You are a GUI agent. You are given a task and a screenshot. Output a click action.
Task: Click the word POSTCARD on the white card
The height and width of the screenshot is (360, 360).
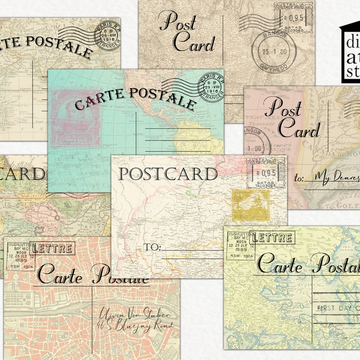coord(168,174)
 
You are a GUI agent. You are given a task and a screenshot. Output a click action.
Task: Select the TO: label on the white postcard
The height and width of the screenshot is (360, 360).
coord(152,246)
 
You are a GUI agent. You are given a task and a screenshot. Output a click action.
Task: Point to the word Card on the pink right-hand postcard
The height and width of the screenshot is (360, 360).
coord(298,130)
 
